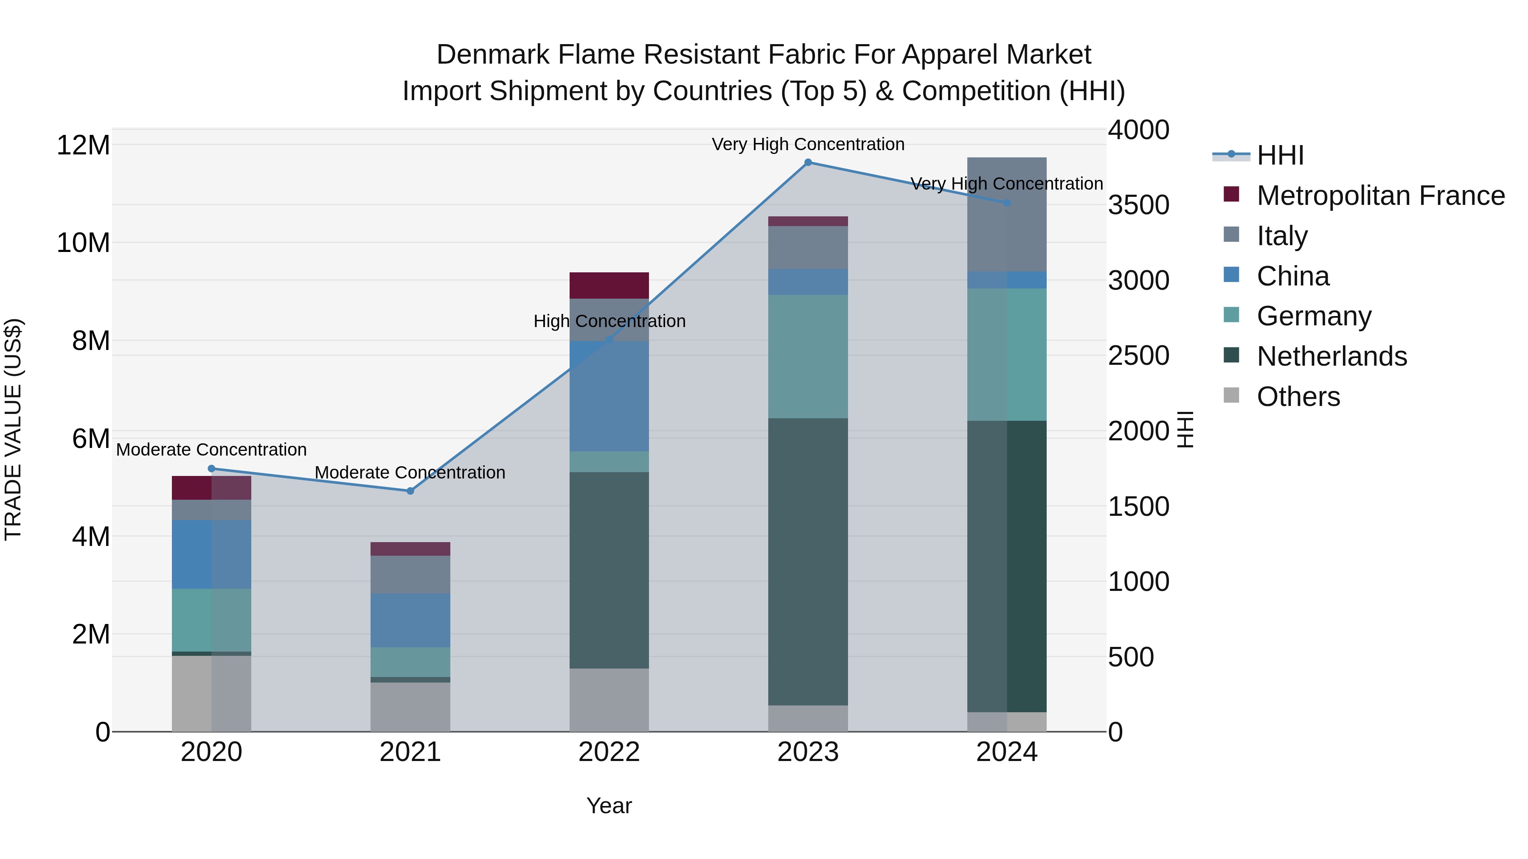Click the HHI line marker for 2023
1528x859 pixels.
[x=808, y=162]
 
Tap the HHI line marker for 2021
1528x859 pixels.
[x=410, y=491]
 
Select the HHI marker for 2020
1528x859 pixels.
[x=212, y=469]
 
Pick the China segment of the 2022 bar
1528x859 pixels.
[x=609, y=396]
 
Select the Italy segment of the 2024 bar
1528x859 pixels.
[x=1007, y=215]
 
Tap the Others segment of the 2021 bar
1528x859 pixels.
[x=410, y=707]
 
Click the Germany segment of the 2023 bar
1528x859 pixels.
[x=808, y=357]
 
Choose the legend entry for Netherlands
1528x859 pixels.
[x=1331, y=356]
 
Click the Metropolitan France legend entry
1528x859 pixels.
[x=1380, y=196]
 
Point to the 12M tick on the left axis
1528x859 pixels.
[x=83, y=145]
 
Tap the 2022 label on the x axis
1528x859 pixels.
[x=609, y=752]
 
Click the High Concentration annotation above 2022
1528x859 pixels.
[x=609, y=321]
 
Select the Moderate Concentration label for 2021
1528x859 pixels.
[x=410, y=473]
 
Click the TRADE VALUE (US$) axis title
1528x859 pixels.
[x=14, y=429]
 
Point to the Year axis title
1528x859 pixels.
[x=609, y=806]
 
